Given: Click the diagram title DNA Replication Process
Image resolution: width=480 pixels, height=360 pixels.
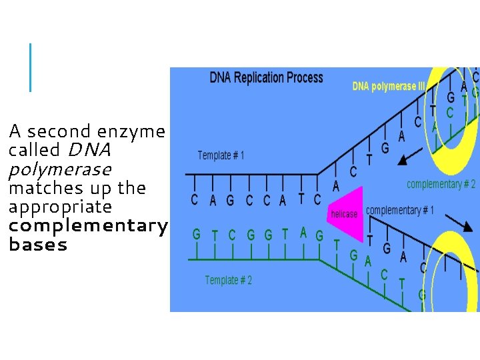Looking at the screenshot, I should click(x=266, y=77).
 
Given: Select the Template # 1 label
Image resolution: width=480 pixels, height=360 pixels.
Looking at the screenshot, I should click(x=221, y=155).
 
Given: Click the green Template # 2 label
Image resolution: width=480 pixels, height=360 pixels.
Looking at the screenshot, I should click(x=228, y=281).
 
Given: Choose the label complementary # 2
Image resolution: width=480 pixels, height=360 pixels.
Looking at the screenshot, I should click(x=441, y=184).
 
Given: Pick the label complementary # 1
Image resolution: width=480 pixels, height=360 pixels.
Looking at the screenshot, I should click(x=399, y=211).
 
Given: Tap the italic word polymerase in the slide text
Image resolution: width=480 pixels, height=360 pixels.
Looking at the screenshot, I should click(x=59, y=169).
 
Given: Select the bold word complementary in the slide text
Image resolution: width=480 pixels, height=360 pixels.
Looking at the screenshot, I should click(x=87, y=225).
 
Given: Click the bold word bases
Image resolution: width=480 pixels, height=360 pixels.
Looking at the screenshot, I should click(x=38, y=245).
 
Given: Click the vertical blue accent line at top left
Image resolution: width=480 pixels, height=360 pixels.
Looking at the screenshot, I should click(x=30, y=67).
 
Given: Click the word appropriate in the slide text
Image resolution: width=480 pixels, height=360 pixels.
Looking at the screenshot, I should click(x=60, y=207).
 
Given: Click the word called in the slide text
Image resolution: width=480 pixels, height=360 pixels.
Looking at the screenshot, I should click(x=33, y=150).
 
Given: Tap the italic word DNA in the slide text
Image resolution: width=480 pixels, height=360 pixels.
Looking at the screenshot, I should click(x=89, y=150).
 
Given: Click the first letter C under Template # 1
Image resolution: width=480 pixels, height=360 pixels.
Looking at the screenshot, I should click(x=194, y=199).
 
